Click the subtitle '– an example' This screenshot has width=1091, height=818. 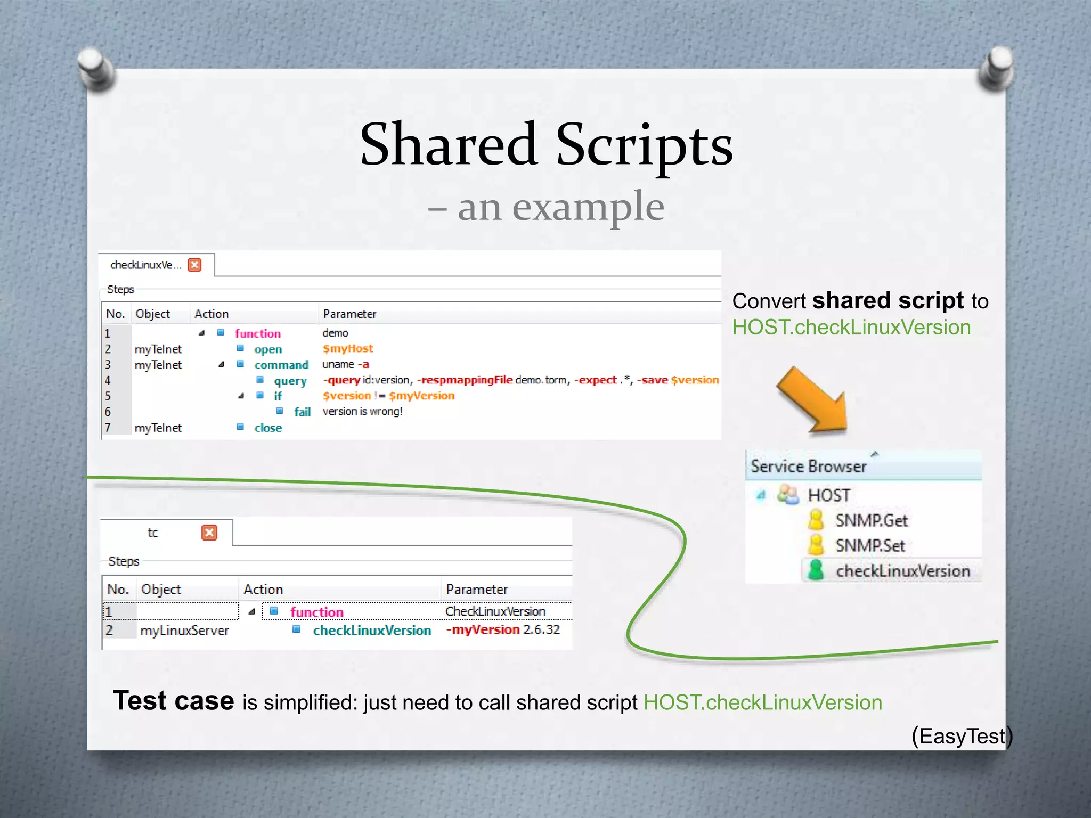tap(546, 207)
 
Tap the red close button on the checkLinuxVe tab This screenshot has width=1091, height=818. tap(195, 265)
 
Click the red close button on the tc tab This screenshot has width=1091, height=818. tap(209, 533)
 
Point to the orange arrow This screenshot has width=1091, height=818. tap(812, 400)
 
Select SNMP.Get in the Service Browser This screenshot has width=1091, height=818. tap(871, 520)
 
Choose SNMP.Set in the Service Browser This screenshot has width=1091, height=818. tap(869, 545)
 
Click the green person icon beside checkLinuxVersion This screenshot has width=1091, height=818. tap(816, 570)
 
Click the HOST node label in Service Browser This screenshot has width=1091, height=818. tap(828, 495)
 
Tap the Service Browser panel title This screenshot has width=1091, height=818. tap(809, 467)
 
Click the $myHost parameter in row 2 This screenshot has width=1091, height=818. tap(348, 349)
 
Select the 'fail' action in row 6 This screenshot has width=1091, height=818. tap(302, 412)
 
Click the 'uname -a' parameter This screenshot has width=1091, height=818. tap(346, 364)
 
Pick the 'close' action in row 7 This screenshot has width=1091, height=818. tap(268, 428)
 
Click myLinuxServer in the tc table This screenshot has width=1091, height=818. tap(184, 631)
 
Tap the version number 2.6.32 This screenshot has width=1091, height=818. tap(541, 629)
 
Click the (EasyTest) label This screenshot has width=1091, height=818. tap(962, 736)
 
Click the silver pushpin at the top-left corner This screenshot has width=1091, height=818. tap(96, 68)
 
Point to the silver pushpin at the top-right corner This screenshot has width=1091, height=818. tap(996, 68)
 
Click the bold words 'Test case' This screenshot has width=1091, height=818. tap(174, 700)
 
